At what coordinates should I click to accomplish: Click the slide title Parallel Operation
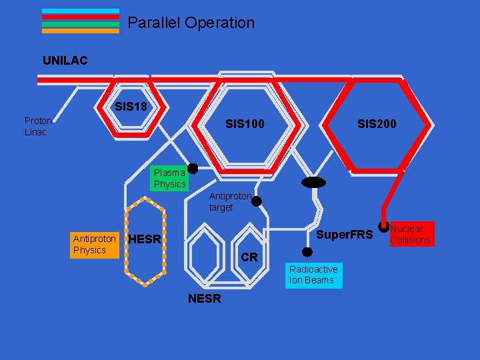point(191,23)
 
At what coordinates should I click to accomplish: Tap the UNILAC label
point(65,61)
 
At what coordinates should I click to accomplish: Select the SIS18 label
point(131,106)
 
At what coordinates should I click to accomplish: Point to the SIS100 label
point(245,123)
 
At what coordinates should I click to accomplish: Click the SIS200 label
point(377,123)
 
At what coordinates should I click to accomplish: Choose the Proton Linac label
point(38,126)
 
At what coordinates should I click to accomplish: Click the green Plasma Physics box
point(169,178)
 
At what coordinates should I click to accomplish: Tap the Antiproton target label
point(230,201)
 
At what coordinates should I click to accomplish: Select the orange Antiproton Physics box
point(94,244)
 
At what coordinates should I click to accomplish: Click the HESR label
point(145,239)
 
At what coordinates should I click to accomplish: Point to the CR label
point(249,257)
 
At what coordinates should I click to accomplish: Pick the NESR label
point(205,299)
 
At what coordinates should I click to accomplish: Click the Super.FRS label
point(344,235)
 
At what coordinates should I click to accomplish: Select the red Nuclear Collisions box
point(411,234)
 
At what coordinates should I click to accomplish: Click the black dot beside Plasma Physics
point(193,169)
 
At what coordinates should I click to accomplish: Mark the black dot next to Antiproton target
point(257,201)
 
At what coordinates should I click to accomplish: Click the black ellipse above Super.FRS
point(313,183)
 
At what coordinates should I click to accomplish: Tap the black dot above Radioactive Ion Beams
point(307,252)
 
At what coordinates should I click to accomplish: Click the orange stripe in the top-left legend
point(81,31)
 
